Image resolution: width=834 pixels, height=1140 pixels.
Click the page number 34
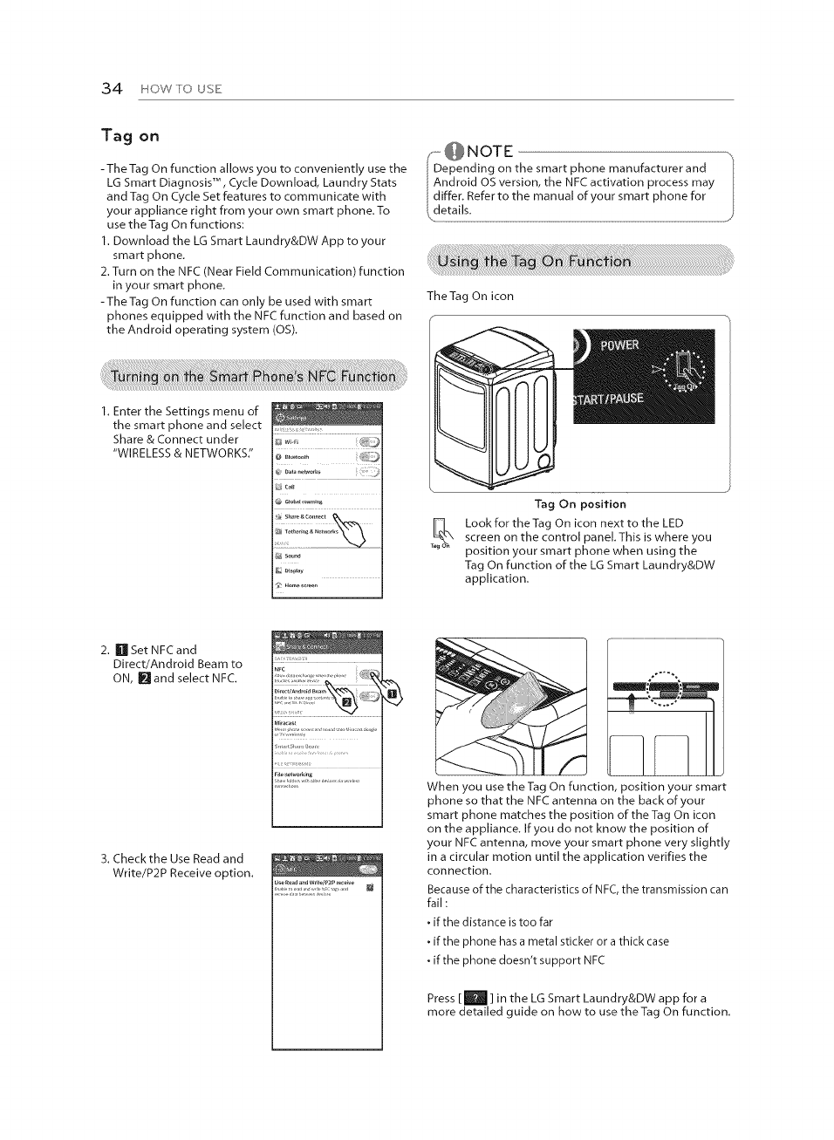click(x=111, y=88)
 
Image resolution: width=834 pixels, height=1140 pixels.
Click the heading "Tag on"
click(x=130, y=135)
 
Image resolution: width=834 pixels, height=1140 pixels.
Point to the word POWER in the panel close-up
click(x=619, y=345)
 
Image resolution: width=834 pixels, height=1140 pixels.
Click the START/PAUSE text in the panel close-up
click(x=609, y=399)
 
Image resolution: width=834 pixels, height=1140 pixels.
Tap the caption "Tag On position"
click(x=580, y=504)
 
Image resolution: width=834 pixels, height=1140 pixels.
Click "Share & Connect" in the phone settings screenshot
click(x=305, y=516)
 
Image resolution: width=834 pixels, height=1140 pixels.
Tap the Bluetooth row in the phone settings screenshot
click(x=297, y=456)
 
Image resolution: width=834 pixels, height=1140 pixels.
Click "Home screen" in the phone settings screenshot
click(x=301, y=585)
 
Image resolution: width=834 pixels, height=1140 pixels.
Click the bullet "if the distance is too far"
click(x=491, y=922)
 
